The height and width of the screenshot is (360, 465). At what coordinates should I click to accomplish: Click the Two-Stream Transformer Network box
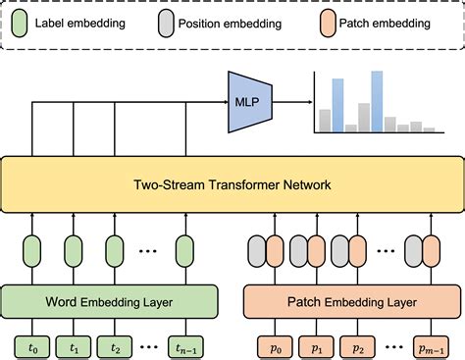(232, 183)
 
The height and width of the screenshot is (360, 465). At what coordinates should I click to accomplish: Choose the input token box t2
(116, 345)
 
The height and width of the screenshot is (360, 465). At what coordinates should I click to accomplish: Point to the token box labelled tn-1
(183, 345)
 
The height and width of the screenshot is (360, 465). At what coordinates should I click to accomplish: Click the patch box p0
(274, 345)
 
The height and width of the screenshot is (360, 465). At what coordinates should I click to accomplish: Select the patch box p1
(316, 345)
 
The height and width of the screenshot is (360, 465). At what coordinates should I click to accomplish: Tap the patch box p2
(358, 345)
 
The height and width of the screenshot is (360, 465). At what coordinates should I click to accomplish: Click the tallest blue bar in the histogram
(376, 101)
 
